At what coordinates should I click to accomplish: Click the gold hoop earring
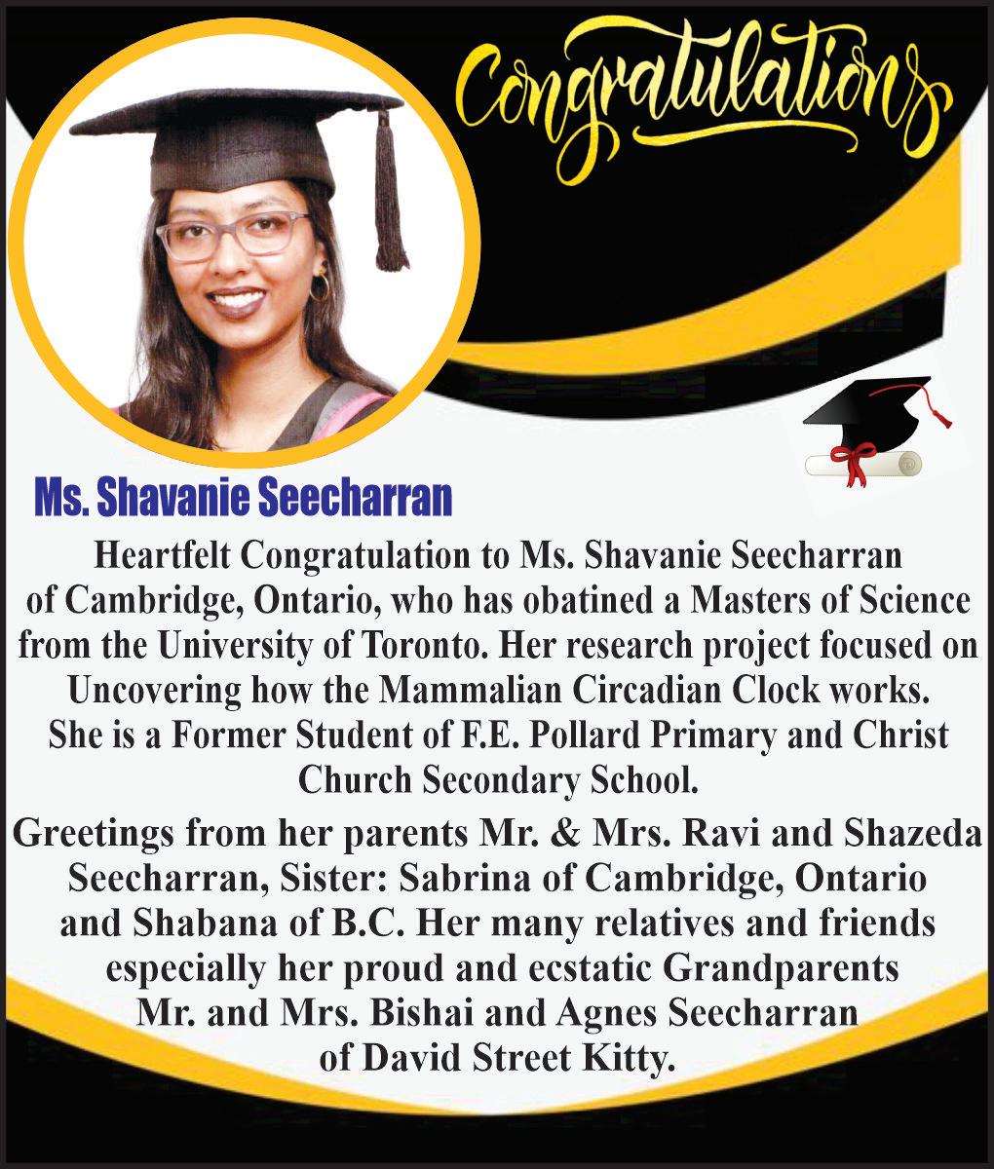319,286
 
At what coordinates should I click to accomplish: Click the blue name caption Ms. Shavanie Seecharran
244,498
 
